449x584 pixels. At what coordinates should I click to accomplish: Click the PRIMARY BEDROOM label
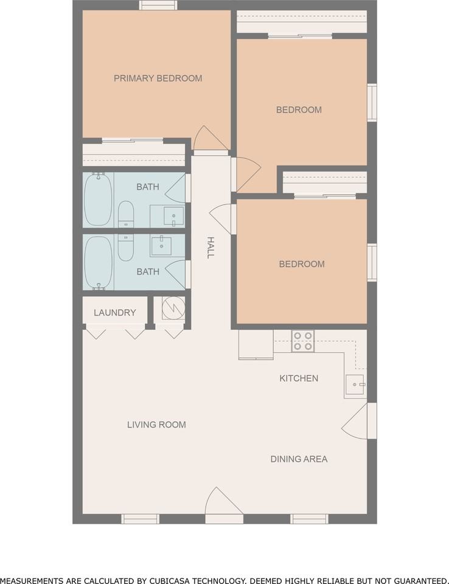click(158, 78)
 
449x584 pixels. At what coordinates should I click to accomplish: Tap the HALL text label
click(211, 248)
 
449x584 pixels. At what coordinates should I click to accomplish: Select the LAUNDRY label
click(114, 313)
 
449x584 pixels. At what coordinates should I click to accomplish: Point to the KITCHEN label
click(298, 378)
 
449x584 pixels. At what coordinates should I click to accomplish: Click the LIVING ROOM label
click(156, 425)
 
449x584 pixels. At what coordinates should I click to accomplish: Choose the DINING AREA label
click(299, 459)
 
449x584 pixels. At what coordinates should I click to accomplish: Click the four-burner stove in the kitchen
click(302, 341)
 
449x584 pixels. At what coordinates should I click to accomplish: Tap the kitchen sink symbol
click(355, 384)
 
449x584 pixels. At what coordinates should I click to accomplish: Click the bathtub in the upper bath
click(98, 199)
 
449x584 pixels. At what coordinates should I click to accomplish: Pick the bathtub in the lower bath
click(98, 262)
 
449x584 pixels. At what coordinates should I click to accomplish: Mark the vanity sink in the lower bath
click(161, 246)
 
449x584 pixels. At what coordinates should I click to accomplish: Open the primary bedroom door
click(211, 139)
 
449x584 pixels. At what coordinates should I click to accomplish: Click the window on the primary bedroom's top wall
click(158, 5)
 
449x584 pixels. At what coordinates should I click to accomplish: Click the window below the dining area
click(309, 519)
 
